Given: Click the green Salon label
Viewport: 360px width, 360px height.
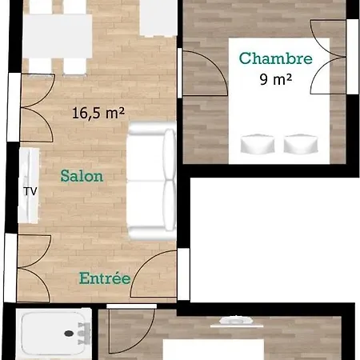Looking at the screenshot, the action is coord(82,176).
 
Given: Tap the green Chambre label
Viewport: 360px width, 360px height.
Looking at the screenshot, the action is coord(276,58).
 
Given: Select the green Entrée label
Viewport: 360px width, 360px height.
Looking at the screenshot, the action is coord(105,278).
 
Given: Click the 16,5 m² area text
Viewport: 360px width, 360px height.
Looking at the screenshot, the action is coord(98,113).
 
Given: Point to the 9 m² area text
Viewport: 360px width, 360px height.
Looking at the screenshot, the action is coord(276,79).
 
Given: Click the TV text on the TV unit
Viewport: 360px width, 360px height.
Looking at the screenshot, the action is coord(30,191).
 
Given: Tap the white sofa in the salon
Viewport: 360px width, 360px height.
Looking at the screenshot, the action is coord(152,181).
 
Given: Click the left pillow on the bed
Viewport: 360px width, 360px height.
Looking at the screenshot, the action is coord(258,144).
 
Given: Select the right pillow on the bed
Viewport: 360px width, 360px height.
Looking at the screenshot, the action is coord(301,144).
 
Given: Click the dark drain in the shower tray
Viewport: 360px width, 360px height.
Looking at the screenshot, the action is coord(69,333).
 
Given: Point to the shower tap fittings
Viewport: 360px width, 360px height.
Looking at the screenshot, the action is coord(84,334).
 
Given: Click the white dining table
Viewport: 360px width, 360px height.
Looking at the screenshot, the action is coord(58,36).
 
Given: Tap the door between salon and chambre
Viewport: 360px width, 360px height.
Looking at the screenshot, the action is coord(204,73).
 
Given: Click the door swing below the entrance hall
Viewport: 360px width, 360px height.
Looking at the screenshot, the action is coord(130,330).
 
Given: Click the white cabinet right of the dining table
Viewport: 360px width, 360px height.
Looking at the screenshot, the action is coord(158,18).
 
